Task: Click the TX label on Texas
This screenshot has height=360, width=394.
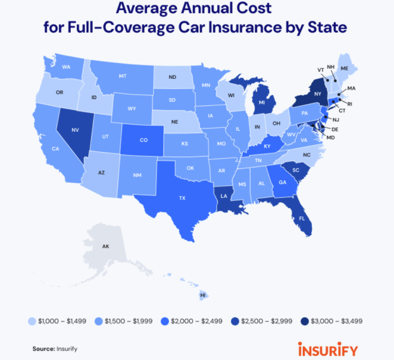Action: pyautogui.click(x=182, y=198)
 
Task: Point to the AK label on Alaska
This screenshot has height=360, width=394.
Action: pyautogui.click(x=105, y=246)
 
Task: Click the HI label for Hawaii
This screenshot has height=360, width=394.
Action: pyautogui.click(x=203, y=295)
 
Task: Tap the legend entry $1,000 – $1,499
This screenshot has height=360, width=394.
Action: pyautogui.click(x=60, y=321)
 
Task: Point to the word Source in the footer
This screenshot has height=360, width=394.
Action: pyautogui.click(x=43, y=349)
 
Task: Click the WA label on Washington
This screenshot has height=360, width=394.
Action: pyautogui.click(x=66, y=67)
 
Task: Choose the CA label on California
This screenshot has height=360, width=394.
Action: pyautogui.click(x=56, y=149)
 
